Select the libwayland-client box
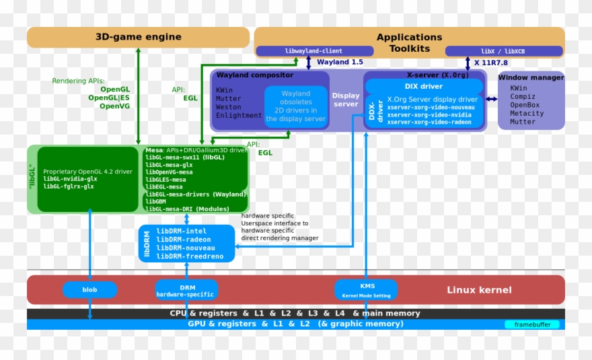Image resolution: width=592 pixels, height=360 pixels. point(313,51)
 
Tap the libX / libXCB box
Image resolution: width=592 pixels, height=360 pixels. point(503,51)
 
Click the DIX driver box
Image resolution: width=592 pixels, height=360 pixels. point(423,86)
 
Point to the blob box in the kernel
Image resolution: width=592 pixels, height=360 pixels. point(89,289)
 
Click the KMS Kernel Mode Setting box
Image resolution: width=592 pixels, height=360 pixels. point(367,290)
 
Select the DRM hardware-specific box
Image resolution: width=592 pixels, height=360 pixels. point(186,291)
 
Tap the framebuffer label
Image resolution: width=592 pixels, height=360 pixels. point(531,324)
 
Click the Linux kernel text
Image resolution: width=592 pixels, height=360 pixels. point(479,290)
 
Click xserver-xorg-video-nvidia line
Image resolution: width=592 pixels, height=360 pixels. point(430,114)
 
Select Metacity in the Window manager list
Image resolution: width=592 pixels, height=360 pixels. point(527,113)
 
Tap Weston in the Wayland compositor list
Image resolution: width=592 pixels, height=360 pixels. point(228,107)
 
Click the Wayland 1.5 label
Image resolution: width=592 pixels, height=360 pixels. point(340,63)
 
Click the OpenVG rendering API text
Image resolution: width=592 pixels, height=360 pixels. point(114,106)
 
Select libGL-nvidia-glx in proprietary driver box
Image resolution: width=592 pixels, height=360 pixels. point(70,178)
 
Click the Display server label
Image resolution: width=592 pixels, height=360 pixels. point(346,100)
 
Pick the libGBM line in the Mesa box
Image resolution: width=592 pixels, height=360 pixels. point(155,201)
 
